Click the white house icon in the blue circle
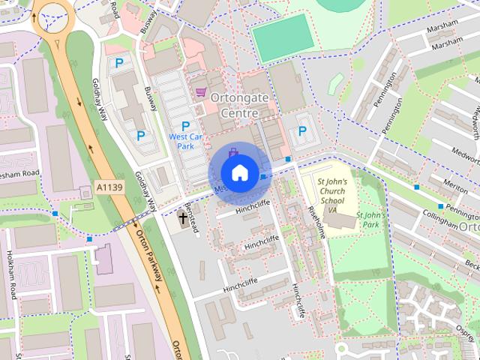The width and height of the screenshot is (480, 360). pyautogui.click(x=238, y=173)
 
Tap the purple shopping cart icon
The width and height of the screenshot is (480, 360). pyautogui.click(x=200, y=92)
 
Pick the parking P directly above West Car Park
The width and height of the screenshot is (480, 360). pyautogui.click(x=184, y=125)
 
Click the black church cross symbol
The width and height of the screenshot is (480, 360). pyautogui.click(x=183, y=218)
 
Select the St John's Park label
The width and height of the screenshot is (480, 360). pyautogui.click(x=370, y=219)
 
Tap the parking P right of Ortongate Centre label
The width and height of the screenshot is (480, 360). pyautogui.click(x=302, y=130)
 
